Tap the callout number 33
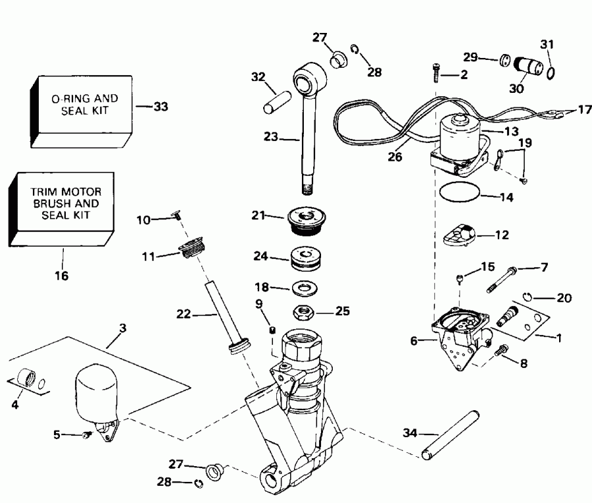[x=160, y=105]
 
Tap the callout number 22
[x=183, y=315]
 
